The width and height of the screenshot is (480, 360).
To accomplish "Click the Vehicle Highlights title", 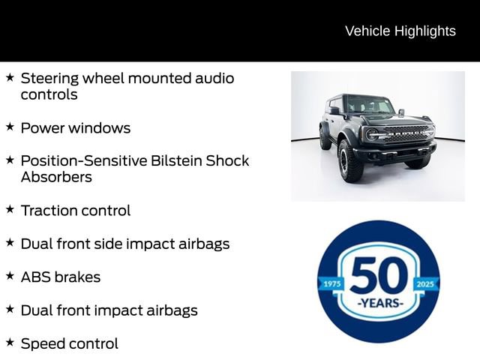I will pyautogui.click(x=400, y=31).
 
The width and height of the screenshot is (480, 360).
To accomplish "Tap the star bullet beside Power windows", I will pyautogui.click(x=10, y=127).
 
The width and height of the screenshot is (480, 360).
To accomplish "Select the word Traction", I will pyautogui.click(x=48, y=211).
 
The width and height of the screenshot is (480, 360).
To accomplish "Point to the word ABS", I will pyautogui.click(x=35, y=277).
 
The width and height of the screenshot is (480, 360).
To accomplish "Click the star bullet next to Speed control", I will pyautogui.click(x=10, y=343).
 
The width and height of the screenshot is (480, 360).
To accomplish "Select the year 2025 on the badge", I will pyautogui.click(x=425, y=284).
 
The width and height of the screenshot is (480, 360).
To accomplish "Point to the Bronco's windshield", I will pyautogui.click(x=368, y=106).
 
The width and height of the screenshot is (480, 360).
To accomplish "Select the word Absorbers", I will pyautogui.click(x=56, y=177).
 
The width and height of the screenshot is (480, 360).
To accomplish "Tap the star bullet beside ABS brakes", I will pyautogui.click(x=10, y=276).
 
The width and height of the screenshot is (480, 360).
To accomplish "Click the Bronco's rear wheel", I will pyautogui.click(x=325, y=138).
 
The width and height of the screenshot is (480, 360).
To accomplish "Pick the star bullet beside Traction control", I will pyautogui.click(x=10, y=210).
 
